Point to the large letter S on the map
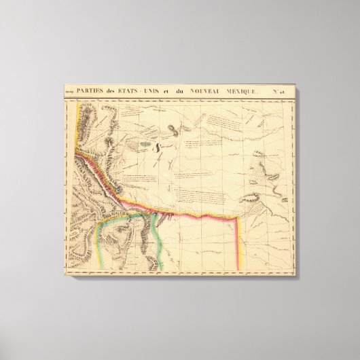tap(157, 145)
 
